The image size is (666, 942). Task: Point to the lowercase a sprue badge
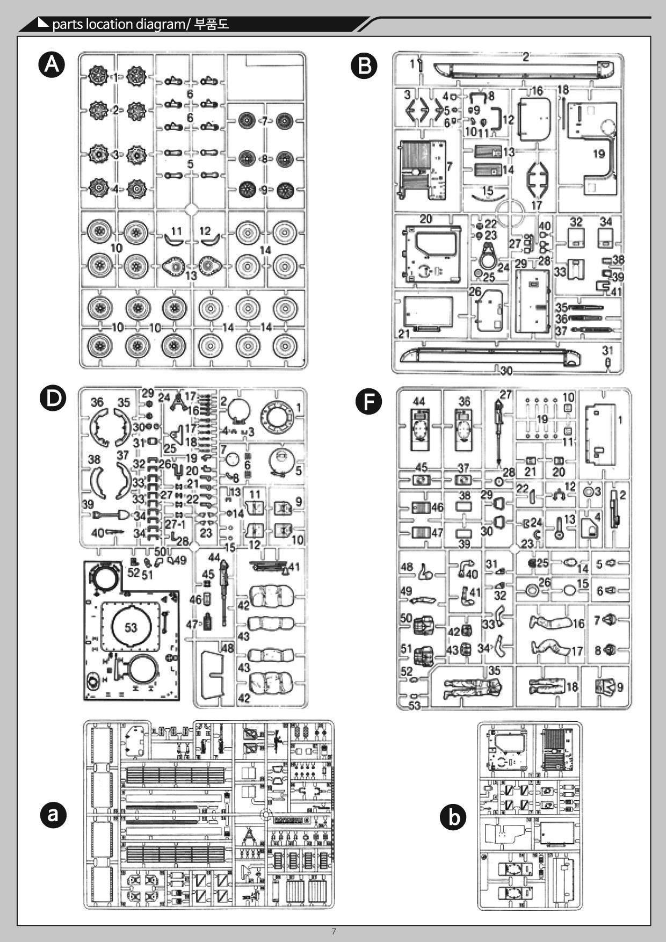53,815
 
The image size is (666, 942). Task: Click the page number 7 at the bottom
334,931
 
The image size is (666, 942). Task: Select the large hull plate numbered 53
131,627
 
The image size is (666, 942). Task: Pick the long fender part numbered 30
505,371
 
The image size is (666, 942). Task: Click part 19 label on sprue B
599,154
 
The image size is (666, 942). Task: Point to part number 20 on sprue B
425,219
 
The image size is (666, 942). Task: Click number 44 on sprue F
419,401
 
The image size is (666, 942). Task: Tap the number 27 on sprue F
506,395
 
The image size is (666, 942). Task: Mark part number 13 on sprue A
191,276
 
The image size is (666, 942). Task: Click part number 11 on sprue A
177,231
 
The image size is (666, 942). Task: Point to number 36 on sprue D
97,402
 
